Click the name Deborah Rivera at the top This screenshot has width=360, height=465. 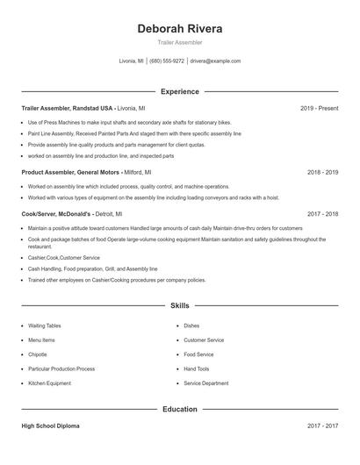coord(180,29)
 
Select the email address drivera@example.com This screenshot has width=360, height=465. coord(214,61)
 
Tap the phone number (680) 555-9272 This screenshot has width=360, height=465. coord(167,61)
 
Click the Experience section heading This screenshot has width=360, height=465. coord(180,91)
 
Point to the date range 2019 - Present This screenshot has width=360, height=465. coord(319,108)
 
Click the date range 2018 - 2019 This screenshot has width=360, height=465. coord(322,173)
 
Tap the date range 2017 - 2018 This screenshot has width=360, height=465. coord(322,213)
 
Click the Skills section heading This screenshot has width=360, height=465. coord(180,305)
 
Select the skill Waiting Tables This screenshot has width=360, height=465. coord(44,325)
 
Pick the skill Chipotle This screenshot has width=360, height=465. coord(39,354)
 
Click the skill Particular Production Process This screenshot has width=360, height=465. coord(61,368)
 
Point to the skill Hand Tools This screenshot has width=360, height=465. coord(197,368)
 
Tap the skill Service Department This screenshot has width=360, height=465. coord(206,383)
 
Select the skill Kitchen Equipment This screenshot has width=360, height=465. coord(49,383)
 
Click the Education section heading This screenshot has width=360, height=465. coord(180,409)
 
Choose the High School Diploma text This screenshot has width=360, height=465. coord(50,426)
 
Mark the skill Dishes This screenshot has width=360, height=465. coord(191,325)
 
